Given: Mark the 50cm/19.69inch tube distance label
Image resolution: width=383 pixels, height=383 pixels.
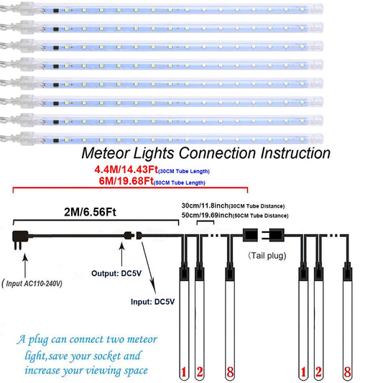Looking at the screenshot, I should (x=206, y=216).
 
